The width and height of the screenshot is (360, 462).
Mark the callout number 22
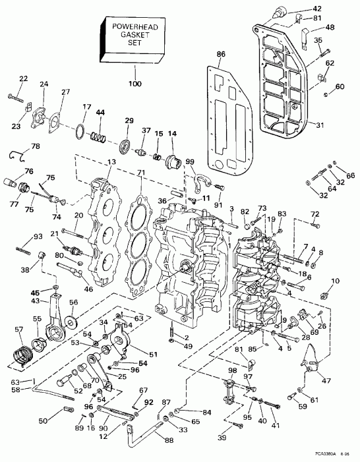click(x=24, y=79)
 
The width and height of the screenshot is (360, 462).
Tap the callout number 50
click(x=43, y=421)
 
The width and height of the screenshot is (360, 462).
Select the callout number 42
click(x=336, y=8)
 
